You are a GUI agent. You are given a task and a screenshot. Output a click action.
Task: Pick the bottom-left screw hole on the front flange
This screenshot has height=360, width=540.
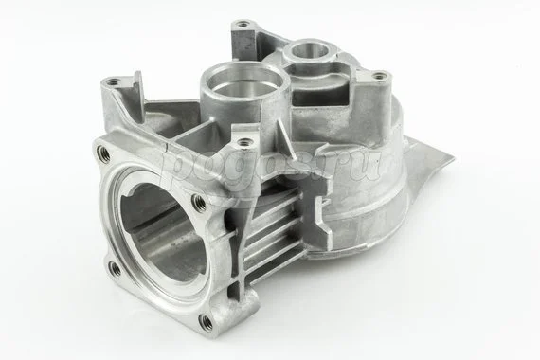[x=115, y=267]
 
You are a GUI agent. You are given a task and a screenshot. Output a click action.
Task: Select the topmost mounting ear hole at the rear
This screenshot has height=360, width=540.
[x=243, y=23]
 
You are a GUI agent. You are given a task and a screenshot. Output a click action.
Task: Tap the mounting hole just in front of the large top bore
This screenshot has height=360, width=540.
[x=248, y=143]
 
